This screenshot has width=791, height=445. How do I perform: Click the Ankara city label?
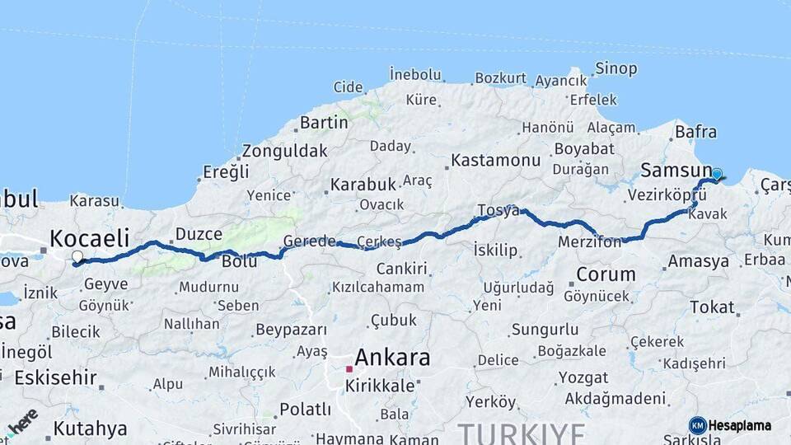[x=392, y=358]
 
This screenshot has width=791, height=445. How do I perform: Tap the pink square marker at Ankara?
[x=349, y=369]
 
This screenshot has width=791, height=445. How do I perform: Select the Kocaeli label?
[x=89, y=239]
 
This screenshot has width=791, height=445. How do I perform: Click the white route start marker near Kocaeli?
[x=77, y=257]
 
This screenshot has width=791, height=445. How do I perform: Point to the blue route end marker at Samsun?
[x=717, y=175]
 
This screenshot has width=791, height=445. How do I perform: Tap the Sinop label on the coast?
[x=615, y=68]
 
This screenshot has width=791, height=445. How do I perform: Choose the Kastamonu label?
[x=496, y=159]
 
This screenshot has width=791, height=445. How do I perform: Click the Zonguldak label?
[x=284, y=152]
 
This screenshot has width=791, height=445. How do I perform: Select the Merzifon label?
[x=590, y=242]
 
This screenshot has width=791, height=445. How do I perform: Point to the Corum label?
[x=606, y=274]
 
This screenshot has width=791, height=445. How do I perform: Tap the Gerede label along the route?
[x=309, y=241]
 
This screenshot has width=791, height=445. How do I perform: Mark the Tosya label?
[x=498, y=210]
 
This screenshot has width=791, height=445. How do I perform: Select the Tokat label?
[x=712, y=307]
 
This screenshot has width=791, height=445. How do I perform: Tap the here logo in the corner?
[x=21, y=421]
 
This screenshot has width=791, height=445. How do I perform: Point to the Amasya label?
[x=699, y=261]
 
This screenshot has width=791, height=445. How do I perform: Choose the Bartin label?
[x=324, y=123]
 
